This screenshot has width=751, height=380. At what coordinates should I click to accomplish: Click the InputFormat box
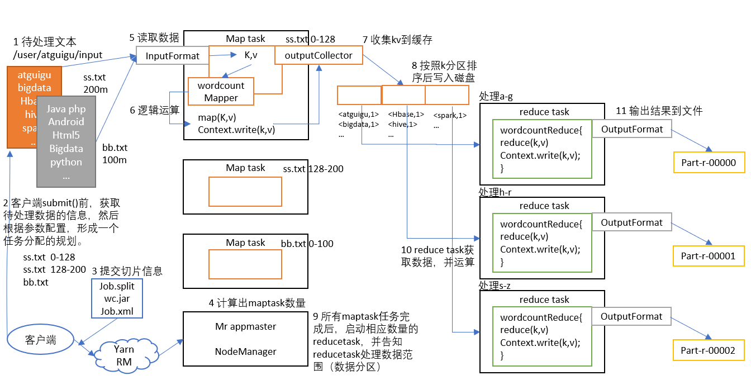click(172, 55)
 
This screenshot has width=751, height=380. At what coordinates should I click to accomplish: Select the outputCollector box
click(319, 55)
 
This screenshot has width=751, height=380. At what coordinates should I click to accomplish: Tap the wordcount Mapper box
click(221, 92)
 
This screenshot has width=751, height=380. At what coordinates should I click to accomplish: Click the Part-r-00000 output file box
click(708, 163)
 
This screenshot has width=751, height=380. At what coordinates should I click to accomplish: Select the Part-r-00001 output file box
click(708, 256)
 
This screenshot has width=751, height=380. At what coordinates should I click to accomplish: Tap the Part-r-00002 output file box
click(708, 350)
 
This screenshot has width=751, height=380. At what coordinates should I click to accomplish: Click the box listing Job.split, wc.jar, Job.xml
click(117, 298)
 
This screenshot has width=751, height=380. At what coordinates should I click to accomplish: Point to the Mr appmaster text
click(245, 326)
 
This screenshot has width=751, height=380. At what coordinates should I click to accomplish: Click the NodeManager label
click(245, 351)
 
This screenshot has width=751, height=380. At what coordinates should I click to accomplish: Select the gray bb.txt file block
click(66, 141)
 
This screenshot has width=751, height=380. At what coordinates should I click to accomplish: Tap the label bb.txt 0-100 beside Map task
click(307, 244)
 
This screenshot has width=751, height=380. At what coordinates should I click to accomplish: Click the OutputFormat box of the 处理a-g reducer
click(631, 129)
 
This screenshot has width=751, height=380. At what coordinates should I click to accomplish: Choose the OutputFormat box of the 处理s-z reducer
click(631, 316)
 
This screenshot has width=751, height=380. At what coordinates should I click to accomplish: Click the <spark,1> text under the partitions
click(449, 115)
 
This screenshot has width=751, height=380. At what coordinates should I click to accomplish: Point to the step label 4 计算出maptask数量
click(257, 303)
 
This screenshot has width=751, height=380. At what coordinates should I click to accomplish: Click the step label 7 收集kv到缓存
click(397, 40)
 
